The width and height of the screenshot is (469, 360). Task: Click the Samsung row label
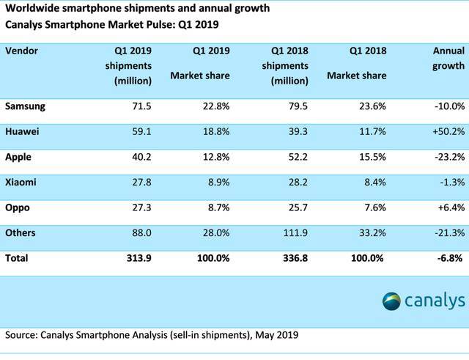[x=26, y=106]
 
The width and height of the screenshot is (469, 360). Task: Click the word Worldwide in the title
[x=34, y=9]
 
